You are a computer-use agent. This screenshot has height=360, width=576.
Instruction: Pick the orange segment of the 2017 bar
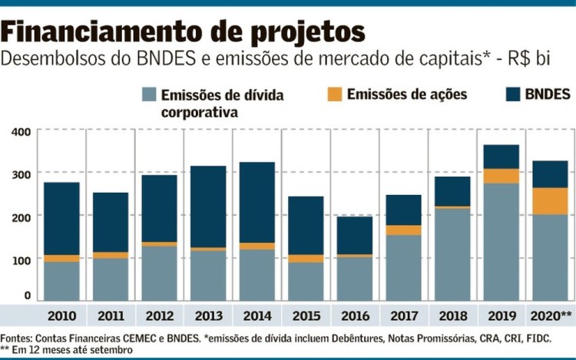coord(404,230)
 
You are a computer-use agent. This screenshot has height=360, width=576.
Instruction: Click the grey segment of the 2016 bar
coord(355,279)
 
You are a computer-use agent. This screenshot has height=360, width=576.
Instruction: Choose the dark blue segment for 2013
coord(208,206)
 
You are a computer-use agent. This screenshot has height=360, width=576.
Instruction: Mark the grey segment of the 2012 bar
coord(160,273)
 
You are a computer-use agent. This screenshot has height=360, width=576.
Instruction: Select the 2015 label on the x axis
coord(306,316)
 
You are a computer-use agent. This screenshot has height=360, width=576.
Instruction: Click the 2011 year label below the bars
coord(111,316)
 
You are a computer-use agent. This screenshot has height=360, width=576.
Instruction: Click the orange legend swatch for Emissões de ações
coord(333,94)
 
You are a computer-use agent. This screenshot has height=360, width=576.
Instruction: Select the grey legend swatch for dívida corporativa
coord(149,94)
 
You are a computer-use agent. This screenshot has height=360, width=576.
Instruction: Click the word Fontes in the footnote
coord(16,338)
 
